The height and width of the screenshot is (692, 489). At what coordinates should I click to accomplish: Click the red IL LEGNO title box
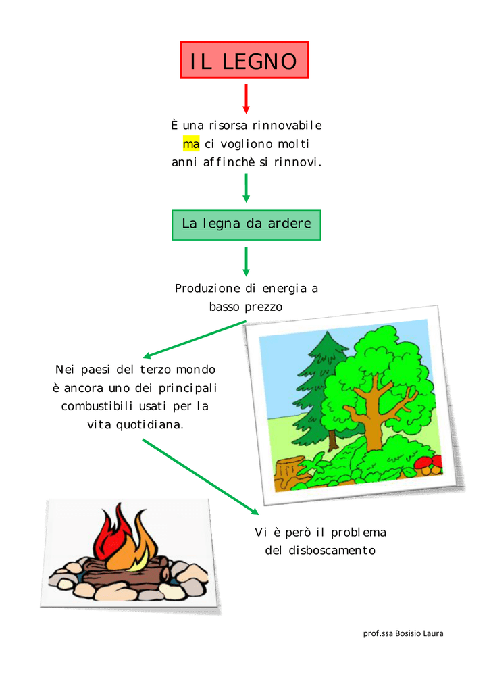point(244,60)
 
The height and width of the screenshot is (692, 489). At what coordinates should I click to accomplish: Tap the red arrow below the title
point(246,99)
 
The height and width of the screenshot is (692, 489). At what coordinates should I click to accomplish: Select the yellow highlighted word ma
point(191,144)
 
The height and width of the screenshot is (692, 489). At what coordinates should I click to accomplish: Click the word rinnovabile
point(287,125)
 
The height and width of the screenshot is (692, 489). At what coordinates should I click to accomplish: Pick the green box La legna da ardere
point(247,225)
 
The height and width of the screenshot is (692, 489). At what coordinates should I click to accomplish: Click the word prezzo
point(263,307)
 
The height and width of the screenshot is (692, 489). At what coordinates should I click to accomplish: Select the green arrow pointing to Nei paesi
point(194,340)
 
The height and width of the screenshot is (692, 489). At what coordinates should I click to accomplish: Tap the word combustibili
point(97,406)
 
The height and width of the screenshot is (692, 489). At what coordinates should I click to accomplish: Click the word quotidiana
point(149,425)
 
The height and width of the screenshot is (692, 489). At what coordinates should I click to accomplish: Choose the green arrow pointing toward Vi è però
point(201,476)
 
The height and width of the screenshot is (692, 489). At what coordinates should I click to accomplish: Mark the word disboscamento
point(332,550)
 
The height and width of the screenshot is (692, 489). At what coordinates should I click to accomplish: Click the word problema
point(359,533)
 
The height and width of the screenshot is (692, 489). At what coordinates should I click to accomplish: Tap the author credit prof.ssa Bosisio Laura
point(403,633)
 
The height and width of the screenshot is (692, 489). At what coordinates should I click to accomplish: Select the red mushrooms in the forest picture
point(429,464)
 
